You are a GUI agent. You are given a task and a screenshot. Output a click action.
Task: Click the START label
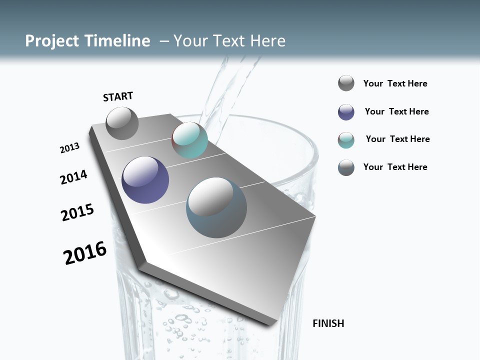click(x=118, y=96)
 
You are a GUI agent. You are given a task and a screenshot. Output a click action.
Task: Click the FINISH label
click(x=328, y=323)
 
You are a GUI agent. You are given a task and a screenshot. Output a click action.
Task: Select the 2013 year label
click(x=69, y=148)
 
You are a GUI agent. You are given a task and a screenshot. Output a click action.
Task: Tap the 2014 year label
click(x=73, y=177)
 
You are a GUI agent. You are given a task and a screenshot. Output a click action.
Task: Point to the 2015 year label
click(x=77, y=212)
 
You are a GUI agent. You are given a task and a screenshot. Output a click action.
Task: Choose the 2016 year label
click(x=85, y=253)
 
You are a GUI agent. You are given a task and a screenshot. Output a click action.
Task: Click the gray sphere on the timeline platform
click(x=122, y=123)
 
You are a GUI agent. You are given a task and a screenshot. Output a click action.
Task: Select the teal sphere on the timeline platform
click(x=189, y=140)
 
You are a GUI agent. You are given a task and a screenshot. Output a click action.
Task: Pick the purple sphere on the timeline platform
click(x=145, y=180)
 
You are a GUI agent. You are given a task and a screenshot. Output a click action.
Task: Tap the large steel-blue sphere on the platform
click(x=216, y=207)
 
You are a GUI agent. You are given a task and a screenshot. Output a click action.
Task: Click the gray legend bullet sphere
click(x=346, y=83)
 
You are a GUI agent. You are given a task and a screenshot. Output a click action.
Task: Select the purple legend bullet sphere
click(x=346, y=112)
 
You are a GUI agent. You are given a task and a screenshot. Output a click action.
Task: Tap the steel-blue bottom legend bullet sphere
click(x=346, y=167)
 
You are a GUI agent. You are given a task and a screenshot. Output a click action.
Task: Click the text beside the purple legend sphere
click(x=396, y=111)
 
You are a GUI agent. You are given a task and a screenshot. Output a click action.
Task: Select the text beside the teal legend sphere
click(x=397, y=139)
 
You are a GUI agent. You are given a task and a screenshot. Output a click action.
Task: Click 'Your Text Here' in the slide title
click(x=229, y=41)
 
